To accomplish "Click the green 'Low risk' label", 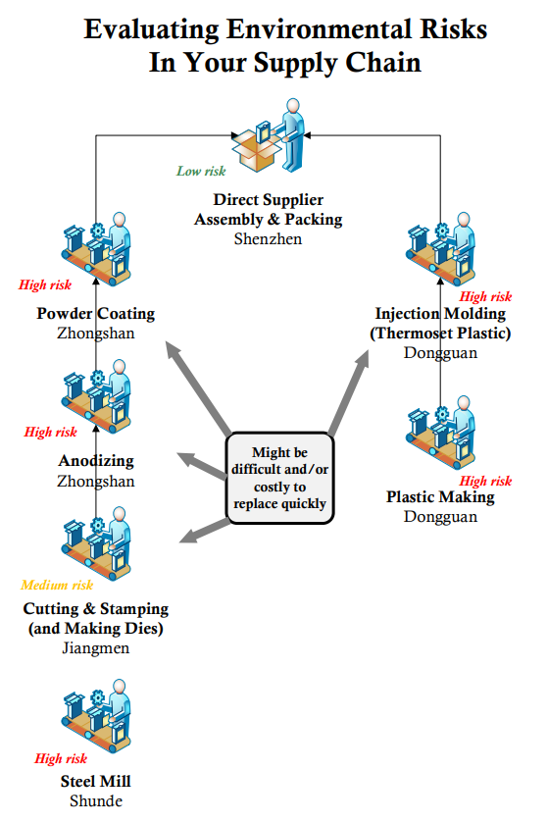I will (201, 172).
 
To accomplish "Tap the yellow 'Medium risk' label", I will (57, 586).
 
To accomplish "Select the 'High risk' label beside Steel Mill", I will (61, 758).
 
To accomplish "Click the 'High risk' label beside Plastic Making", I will (486, 482).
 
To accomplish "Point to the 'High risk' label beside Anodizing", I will (51, 433).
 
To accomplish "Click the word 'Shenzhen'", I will (268, 238).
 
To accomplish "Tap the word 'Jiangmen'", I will (96, 648).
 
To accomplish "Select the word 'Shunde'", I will (96, 801).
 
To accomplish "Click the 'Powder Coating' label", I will (96, 314).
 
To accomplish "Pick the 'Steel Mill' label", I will (96, 782).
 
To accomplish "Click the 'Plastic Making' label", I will (440, 497).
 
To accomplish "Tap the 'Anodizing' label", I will (96, 461).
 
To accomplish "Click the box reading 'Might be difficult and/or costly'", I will (280, 479).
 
